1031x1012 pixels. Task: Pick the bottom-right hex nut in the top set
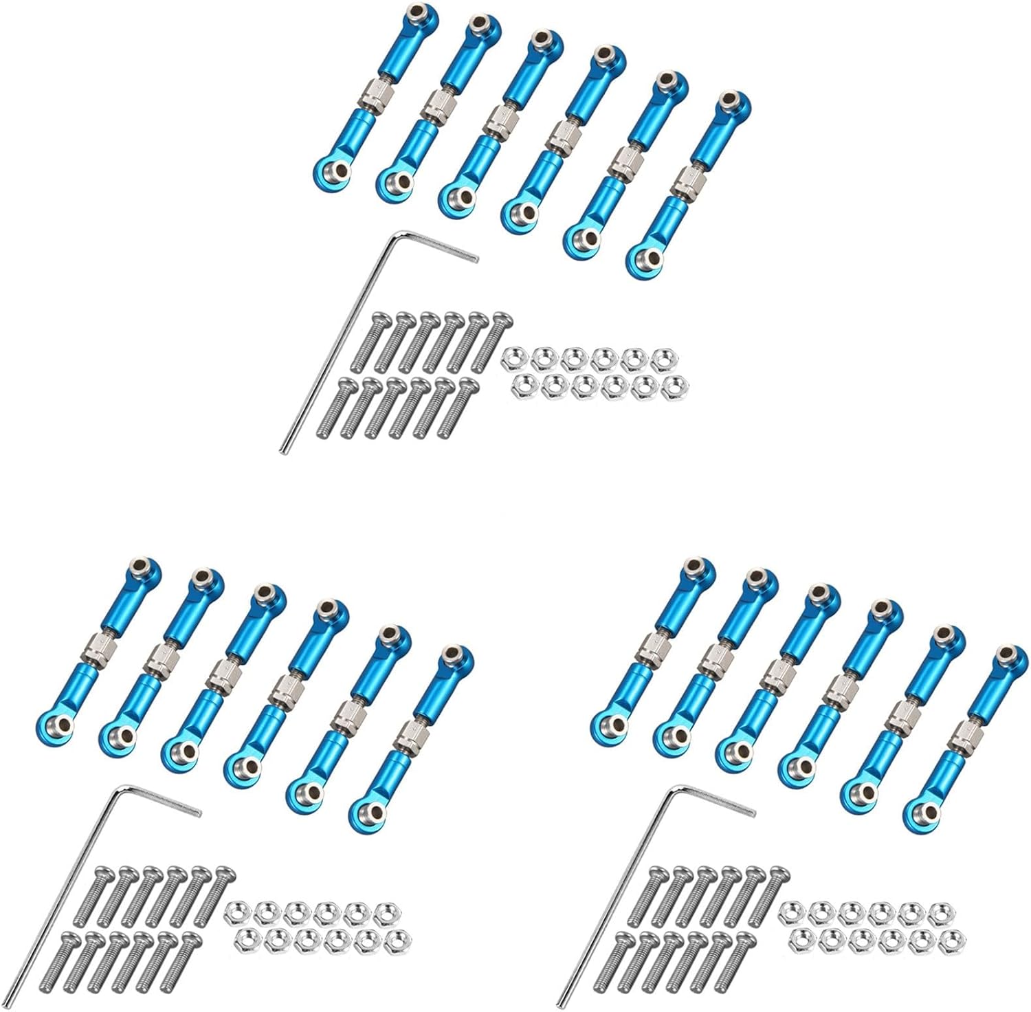click(x=675, y=387)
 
